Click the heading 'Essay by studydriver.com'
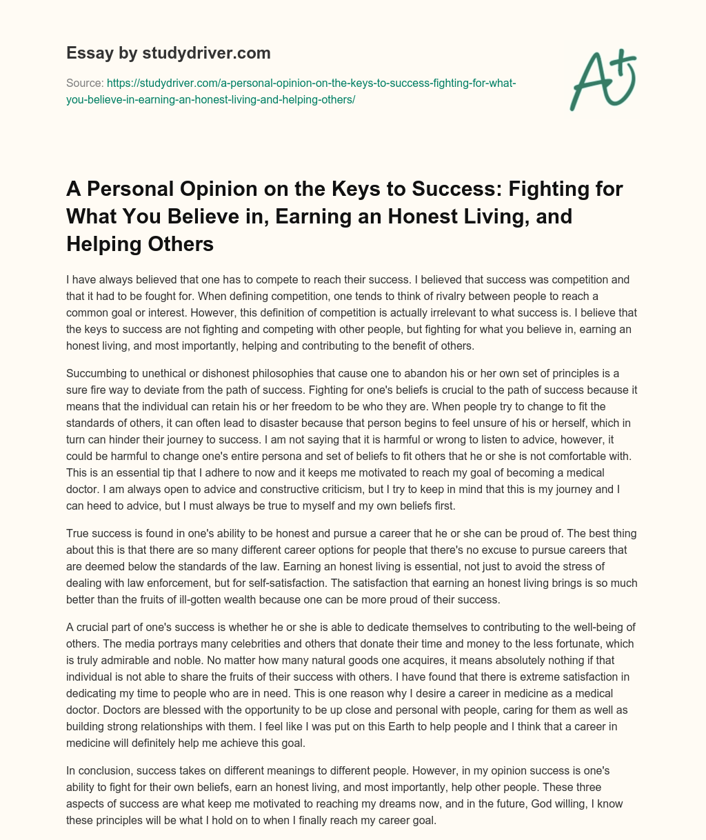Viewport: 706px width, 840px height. click(168, 52)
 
